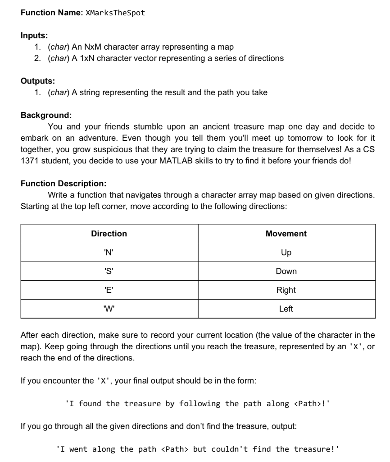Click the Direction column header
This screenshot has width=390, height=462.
pyautogui.click(x=109, y=234)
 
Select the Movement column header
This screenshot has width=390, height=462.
pyautogui.click(x=286, y=234)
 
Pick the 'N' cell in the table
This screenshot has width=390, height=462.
pyautogui.click(x=109, y=253)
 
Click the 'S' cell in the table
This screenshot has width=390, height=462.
pyautogui.click(x=109, y=272)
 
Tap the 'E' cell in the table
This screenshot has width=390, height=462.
pyautogui.click(x=109, y=290)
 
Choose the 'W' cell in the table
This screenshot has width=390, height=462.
pyautogui.click(x=109, y=309)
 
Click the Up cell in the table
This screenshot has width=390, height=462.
pyautogui.click(x=286, y=253)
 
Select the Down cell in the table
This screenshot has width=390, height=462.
pyautogui.click(x=286, y=272)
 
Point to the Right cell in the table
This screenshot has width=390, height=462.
pyautogui.click(x=286, y=290)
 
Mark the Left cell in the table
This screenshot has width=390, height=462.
pyautogui.click(x=286, y=309)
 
